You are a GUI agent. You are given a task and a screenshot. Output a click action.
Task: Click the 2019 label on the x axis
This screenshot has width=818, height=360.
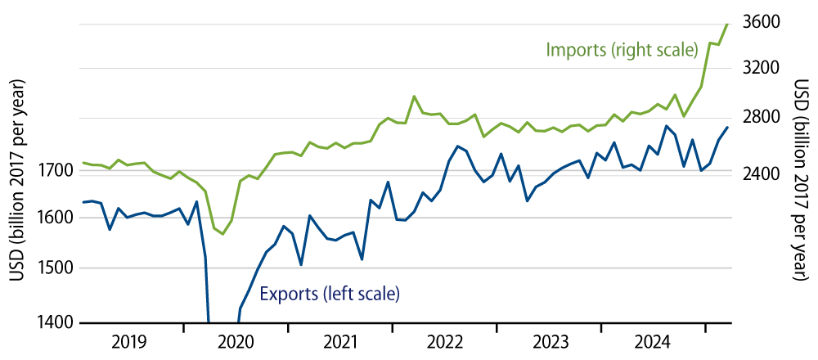tap(131, 340)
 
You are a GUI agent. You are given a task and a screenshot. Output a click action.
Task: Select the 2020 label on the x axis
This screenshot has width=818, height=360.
tap(236, 340)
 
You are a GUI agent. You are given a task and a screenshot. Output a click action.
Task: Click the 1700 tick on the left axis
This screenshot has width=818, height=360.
tap(56, 171)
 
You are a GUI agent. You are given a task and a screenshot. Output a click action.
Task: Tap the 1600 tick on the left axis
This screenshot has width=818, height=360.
tap(56, 218)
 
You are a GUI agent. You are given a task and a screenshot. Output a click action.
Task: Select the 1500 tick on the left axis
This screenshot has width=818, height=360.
tap(56, 268)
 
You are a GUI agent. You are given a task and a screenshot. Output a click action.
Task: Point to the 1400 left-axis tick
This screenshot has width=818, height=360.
tap(56, 322)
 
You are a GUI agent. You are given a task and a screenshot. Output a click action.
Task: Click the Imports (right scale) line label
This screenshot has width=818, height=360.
tap(619, 50)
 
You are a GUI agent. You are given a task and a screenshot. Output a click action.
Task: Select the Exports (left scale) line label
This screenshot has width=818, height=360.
tap(330, 292)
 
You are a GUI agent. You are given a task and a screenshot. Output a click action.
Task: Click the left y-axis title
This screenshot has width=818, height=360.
tap(16, 180)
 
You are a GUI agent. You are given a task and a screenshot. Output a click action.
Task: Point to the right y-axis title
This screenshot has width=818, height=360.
tap(801, 180)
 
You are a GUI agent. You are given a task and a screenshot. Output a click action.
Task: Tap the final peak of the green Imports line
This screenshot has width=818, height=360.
tap(727, 25)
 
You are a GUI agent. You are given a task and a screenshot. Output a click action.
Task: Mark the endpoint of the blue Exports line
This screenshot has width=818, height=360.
tap(727, 128)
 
